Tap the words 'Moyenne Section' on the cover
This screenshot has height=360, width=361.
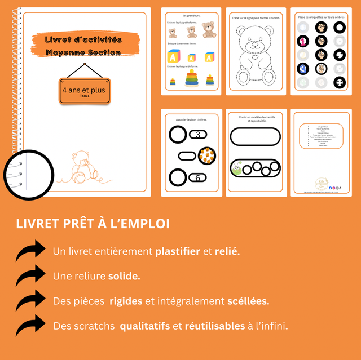(x=83, y=52)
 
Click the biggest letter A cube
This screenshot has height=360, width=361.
(x=173, y=57)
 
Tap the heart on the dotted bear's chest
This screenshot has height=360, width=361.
(x=254, y=57)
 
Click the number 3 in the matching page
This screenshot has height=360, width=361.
(x=198, y=135)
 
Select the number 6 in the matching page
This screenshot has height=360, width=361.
(x=198, y=178)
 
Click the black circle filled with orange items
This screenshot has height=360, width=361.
(x=206, y=155)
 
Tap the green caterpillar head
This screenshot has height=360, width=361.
(x=237, y=167)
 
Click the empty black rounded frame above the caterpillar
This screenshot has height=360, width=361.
(x=256, y=137)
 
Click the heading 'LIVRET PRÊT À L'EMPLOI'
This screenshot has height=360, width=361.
(x=93, y=224)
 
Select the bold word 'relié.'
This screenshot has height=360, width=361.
(x=227, y=251)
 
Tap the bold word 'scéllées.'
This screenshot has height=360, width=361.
(x=248, y=301)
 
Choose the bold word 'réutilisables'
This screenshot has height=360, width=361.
(x=215, y=326)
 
